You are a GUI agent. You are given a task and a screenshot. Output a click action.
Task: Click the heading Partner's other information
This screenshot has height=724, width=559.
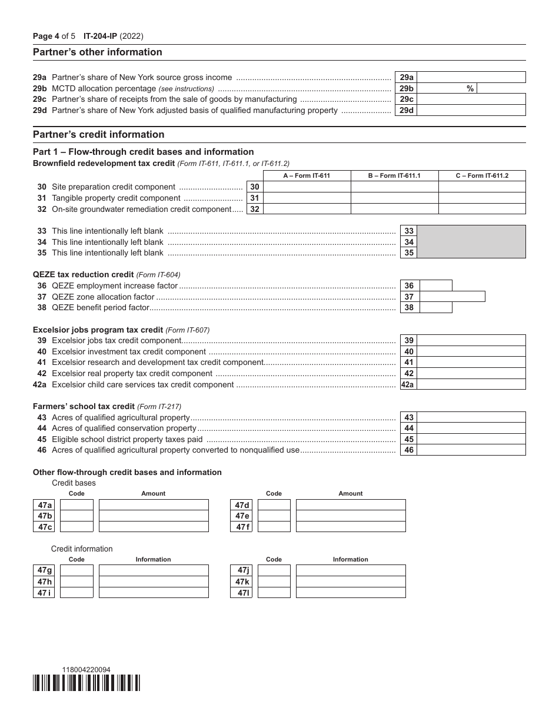point(98,52)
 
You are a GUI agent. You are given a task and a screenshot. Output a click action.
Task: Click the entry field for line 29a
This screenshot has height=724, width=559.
point(471,77)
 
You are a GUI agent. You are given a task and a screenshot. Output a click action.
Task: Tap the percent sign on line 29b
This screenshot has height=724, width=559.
point(470,88)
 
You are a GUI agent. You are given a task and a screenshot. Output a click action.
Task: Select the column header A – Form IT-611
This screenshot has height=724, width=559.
point(307,175)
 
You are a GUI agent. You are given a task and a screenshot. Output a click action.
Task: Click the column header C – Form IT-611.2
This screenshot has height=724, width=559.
point(482,175)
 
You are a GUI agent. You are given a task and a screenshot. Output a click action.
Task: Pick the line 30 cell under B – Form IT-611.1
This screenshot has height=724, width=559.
point(394,187)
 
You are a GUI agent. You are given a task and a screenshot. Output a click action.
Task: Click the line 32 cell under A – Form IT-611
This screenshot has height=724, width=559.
point(307,209)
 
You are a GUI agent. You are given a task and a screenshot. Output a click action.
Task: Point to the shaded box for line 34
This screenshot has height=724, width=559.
point(471,242)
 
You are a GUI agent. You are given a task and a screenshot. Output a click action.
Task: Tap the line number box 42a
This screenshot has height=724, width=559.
point(408,384)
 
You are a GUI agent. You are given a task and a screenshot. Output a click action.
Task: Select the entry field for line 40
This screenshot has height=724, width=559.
point(471,351)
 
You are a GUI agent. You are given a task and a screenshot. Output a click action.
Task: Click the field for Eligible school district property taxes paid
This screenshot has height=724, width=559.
point(471,439)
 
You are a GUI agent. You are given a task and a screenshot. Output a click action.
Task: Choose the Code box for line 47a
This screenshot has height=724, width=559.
point(76,505)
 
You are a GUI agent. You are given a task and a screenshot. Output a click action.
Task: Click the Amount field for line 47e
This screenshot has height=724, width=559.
point(351,516)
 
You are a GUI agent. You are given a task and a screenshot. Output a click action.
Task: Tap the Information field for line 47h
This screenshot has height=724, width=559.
point(154,582)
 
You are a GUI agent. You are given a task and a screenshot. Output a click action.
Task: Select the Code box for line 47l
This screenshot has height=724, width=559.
point(274,593)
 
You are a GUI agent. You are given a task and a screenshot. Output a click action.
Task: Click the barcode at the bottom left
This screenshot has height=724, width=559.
point(86,683)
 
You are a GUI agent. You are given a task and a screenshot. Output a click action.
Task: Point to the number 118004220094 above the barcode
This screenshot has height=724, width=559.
point(86,669)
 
